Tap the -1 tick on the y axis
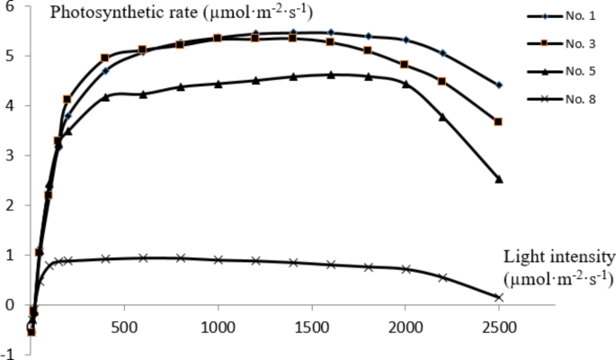click(6, 354)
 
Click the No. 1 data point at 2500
click(499, 85)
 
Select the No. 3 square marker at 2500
click(499, 121)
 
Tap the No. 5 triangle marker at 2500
click(499, 179)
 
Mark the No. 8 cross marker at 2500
click(499, 297)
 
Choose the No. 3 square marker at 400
click(105, 58)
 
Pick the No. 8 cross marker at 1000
click(219, 260)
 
